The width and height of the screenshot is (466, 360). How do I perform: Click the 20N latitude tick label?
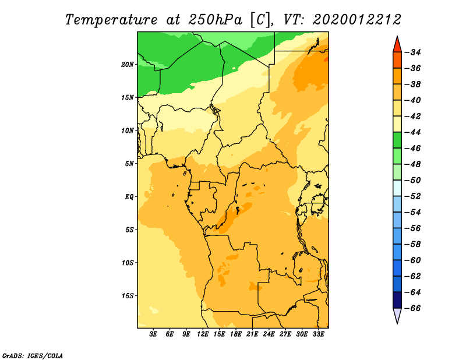[x=128, y=65]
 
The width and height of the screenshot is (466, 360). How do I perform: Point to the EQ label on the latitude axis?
[x=129, y=197]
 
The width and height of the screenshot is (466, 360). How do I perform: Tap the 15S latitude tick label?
[x=128, y=296]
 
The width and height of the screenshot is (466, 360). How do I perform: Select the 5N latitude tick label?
[x=129, y=164]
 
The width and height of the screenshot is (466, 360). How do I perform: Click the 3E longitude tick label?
[x=153, y=334]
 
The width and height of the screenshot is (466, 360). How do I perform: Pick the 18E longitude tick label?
[x=236, y=334]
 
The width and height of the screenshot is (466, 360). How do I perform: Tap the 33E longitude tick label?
[x=318, y=334]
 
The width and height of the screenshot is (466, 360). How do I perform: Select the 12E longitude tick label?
[x=203, y=334]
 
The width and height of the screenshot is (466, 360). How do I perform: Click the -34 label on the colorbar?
[x=412, y=52]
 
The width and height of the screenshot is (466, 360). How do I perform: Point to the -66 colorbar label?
[x=412, y=308]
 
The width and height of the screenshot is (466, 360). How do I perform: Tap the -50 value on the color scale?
[x=412, y=180]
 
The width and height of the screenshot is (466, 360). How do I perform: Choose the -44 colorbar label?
[x=412, y=132]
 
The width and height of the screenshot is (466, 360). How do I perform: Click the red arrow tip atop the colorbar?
[x=397, y=37]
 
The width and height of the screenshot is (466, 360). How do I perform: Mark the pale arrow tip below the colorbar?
[x=397, y=323]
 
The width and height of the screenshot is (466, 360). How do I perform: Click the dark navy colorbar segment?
[x=397, y=300]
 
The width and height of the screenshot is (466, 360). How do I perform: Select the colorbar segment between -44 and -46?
[x=397, y=140]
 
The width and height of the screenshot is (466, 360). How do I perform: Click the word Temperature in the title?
[x=111, y=20]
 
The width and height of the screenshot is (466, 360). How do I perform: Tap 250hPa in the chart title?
[x=215, y=20]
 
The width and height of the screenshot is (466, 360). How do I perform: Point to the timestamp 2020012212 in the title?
[x=357, y=20]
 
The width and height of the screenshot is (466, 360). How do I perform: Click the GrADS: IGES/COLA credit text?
[x=33, y=355]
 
